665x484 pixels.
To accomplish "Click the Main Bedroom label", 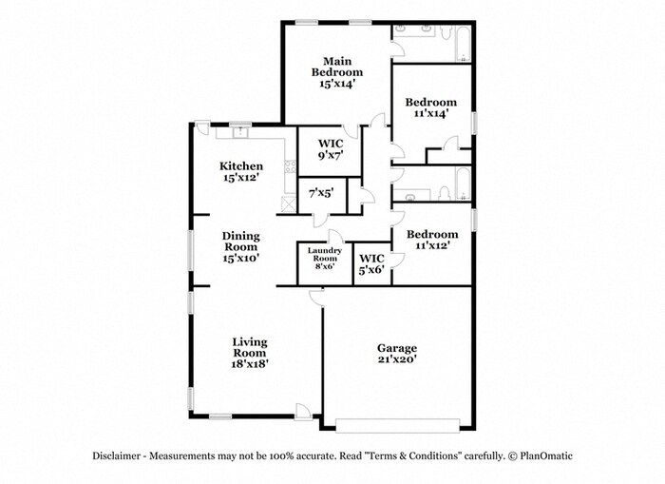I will point(337,72).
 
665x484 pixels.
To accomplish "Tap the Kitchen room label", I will point(241,171).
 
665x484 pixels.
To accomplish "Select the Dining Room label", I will point(241,245).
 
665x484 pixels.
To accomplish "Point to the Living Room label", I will point(250,352).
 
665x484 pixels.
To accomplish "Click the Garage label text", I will point(397,354).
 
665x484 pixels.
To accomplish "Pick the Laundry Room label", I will point(323,258).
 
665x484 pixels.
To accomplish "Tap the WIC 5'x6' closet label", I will point(371,263).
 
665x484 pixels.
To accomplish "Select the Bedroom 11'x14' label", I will point(430,107).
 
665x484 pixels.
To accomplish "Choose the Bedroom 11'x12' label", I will point(432,239).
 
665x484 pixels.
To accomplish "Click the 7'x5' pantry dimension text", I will point(320,194).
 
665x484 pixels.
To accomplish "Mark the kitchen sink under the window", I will point(239,132).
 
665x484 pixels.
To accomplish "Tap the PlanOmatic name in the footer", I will point(545,455).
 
